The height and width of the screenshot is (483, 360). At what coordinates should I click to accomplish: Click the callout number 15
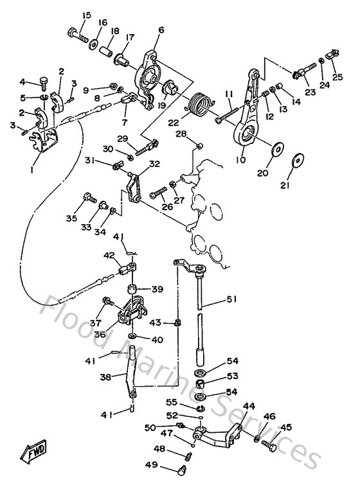coord(87,15)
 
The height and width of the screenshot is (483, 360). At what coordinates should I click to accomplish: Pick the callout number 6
coord(161,30)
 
